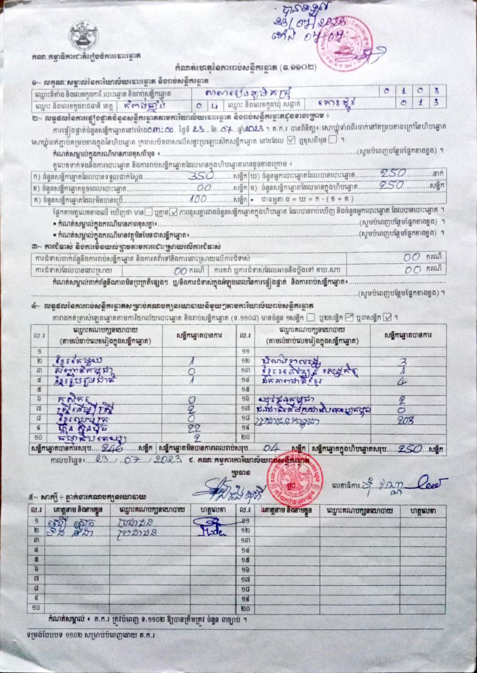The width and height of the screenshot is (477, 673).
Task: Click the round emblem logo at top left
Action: point(83,35)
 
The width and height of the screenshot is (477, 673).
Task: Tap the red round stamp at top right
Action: point(344,44)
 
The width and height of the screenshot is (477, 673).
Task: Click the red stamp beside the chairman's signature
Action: point(295,478)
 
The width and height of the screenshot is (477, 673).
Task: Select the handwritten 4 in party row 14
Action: point(401,381)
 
